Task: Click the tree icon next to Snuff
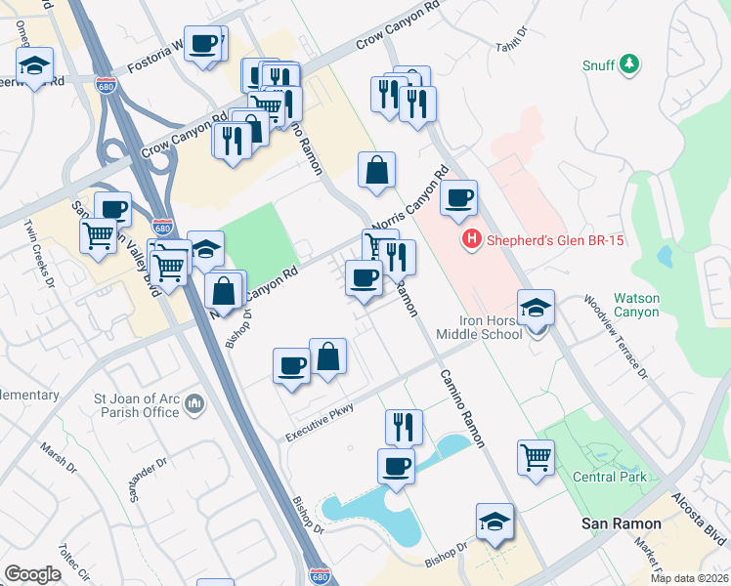pos(631,64)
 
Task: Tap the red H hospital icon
pos(472,238)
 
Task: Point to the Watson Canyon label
pos(640,306)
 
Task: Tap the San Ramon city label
pos(621,523)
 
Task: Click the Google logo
pos(32,574)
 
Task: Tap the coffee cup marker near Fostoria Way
pos(205,44)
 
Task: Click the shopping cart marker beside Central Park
pos(536,456)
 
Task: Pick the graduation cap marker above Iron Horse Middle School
pos(536,308)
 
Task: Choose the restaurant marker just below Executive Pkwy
pos(404,427)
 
